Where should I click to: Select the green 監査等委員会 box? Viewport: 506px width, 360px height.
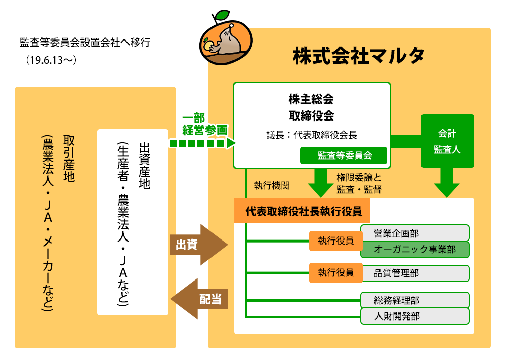[x=344, y=155]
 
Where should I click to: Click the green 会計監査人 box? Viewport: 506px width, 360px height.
[x=447, y=141]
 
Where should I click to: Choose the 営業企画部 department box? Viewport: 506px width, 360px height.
[x=415, y=233]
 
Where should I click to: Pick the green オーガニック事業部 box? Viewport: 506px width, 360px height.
[x=415, y=250]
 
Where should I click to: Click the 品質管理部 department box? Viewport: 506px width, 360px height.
[x=415, y=273]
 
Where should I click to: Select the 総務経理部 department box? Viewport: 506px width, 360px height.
[x=415, y=300]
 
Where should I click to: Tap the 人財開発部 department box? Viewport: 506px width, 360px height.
[x=415, y=316]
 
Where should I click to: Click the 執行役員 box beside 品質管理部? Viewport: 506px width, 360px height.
[x=335, y=273]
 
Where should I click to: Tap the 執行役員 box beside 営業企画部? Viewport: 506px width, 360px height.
[x=335, y=241]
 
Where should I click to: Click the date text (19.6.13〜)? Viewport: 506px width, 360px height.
[x=52, y=60]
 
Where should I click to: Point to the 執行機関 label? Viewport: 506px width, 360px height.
[x=272, y=186]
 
